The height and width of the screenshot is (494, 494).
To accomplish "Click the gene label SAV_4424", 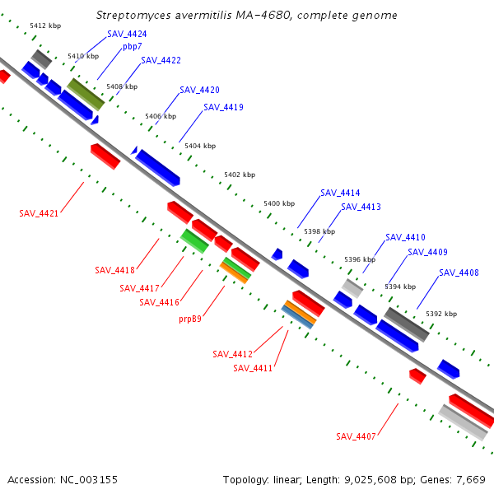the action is [127, 34].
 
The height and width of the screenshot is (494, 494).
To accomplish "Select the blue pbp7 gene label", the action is [133, 47].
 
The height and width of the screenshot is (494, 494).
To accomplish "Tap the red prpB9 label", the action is [190, 319].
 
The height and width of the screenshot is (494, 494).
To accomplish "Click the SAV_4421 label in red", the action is [39, 213].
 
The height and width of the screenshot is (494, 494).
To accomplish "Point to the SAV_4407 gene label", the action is [356, 436].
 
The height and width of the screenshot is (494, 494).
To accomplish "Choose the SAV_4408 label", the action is [459, 273].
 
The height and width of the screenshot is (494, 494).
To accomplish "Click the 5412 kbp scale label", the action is [45, 26].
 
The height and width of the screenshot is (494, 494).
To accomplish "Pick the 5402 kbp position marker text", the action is [240, 175].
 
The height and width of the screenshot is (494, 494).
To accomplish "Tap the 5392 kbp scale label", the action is [441, 314].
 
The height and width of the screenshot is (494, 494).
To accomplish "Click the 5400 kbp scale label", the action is [279, 203].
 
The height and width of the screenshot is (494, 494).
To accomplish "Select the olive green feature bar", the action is [86, 94].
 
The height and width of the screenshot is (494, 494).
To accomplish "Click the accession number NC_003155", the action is [89, 480].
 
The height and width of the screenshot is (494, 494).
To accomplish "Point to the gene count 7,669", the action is [471, 480].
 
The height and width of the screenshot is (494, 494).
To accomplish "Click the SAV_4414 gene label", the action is [340, 193].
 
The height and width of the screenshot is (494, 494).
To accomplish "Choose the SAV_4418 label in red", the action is [114, 270].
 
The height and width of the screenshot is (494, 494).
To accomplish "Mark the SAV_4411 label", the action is [253, 368].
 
